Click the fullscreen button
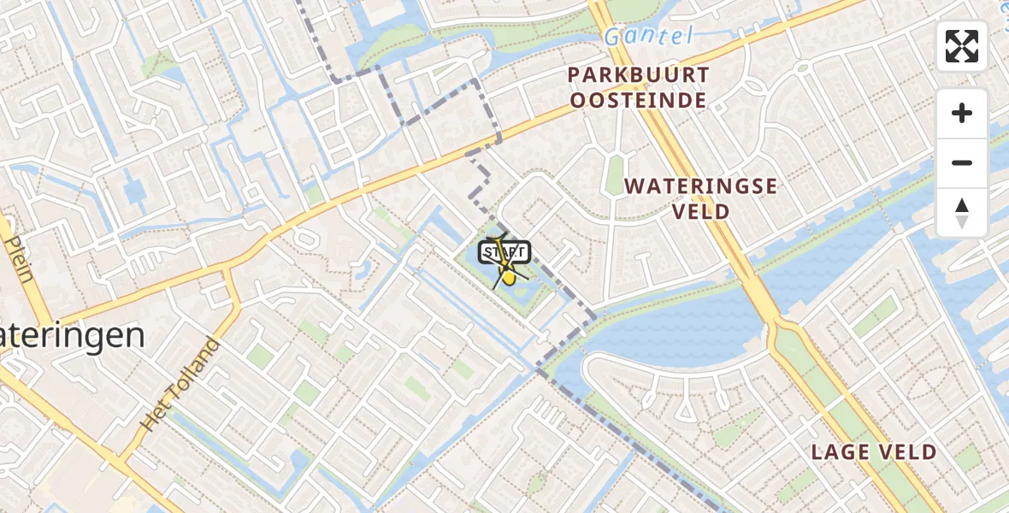pyautogui.click(x=962, y=46)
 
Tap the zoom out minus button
pyautogui.click(x=962, y=162)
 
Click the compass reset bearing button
pyautogui.click(x=962, y=212)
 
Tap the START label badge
pyautogui.click(x=504, y=252)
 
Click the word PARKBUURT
pyautogui.click(x=639, y=76)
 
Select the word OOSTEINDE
pyautogui.click(x=639, y=101)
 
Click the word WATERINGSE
pyautogui.click(x=700, y=186)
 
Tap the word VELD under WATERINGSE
pyautogui.click(x=700, y=211)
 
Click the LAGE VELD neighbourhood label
pyautogui.click(x=874, y=453)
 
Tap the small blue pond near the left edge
pyautogui.click(x=134, y=190)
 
